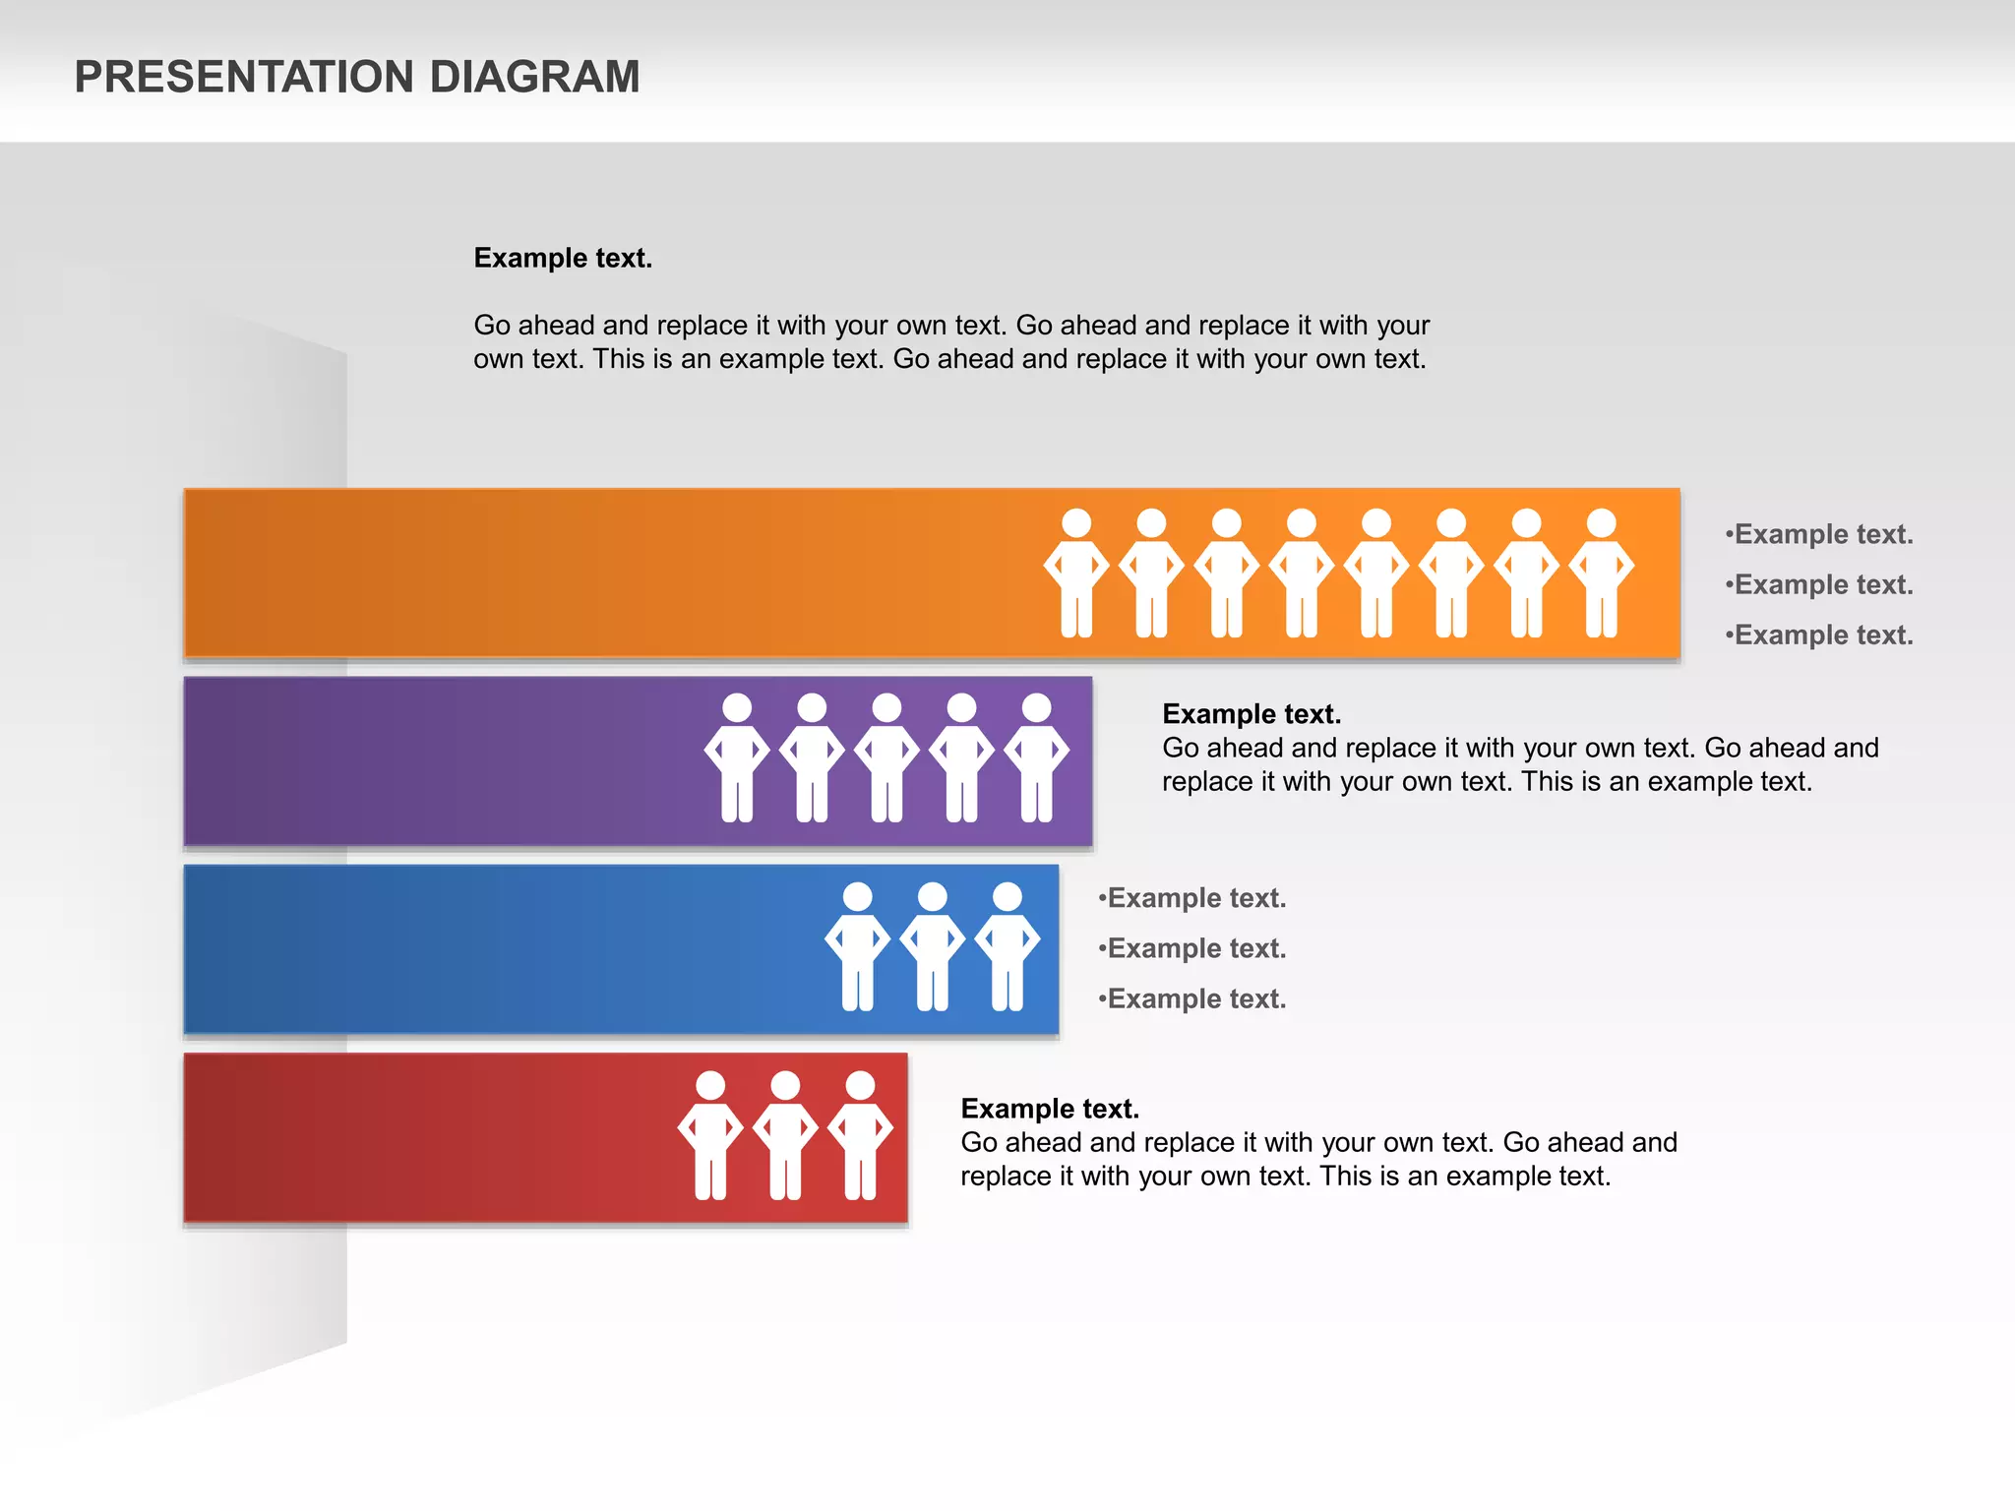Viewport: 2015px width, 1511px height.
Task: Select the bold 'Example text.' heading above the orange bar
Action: [563, 258]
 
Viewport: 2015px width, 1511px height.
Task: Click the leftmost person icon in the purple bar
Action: [737, 757]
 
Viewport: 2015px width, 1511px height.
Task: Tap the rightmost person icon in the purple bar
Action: [1036, 757]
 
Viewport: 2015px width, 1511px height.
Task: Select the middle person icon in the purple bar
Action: [886, 757]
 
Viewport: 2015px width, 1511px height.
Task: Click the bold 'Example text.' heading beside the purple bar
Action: [1251, 713]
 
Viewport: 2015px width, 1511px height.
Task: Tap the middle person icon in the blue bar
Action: [932, 946]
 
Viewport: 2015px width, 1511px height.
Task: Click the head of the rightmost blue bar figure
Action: [1007, 896]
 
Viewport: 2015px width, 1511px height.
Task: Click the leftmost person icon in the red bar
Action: [710, 1135]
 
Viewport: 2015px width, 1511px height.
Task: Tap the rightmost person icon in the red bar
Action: [860, 1135]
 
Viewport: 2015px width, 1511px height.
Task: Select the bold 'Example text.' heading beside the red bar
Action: [1050, 1109]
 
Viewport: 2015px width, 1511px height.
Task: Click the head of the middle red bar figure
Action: [785, 1085]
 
